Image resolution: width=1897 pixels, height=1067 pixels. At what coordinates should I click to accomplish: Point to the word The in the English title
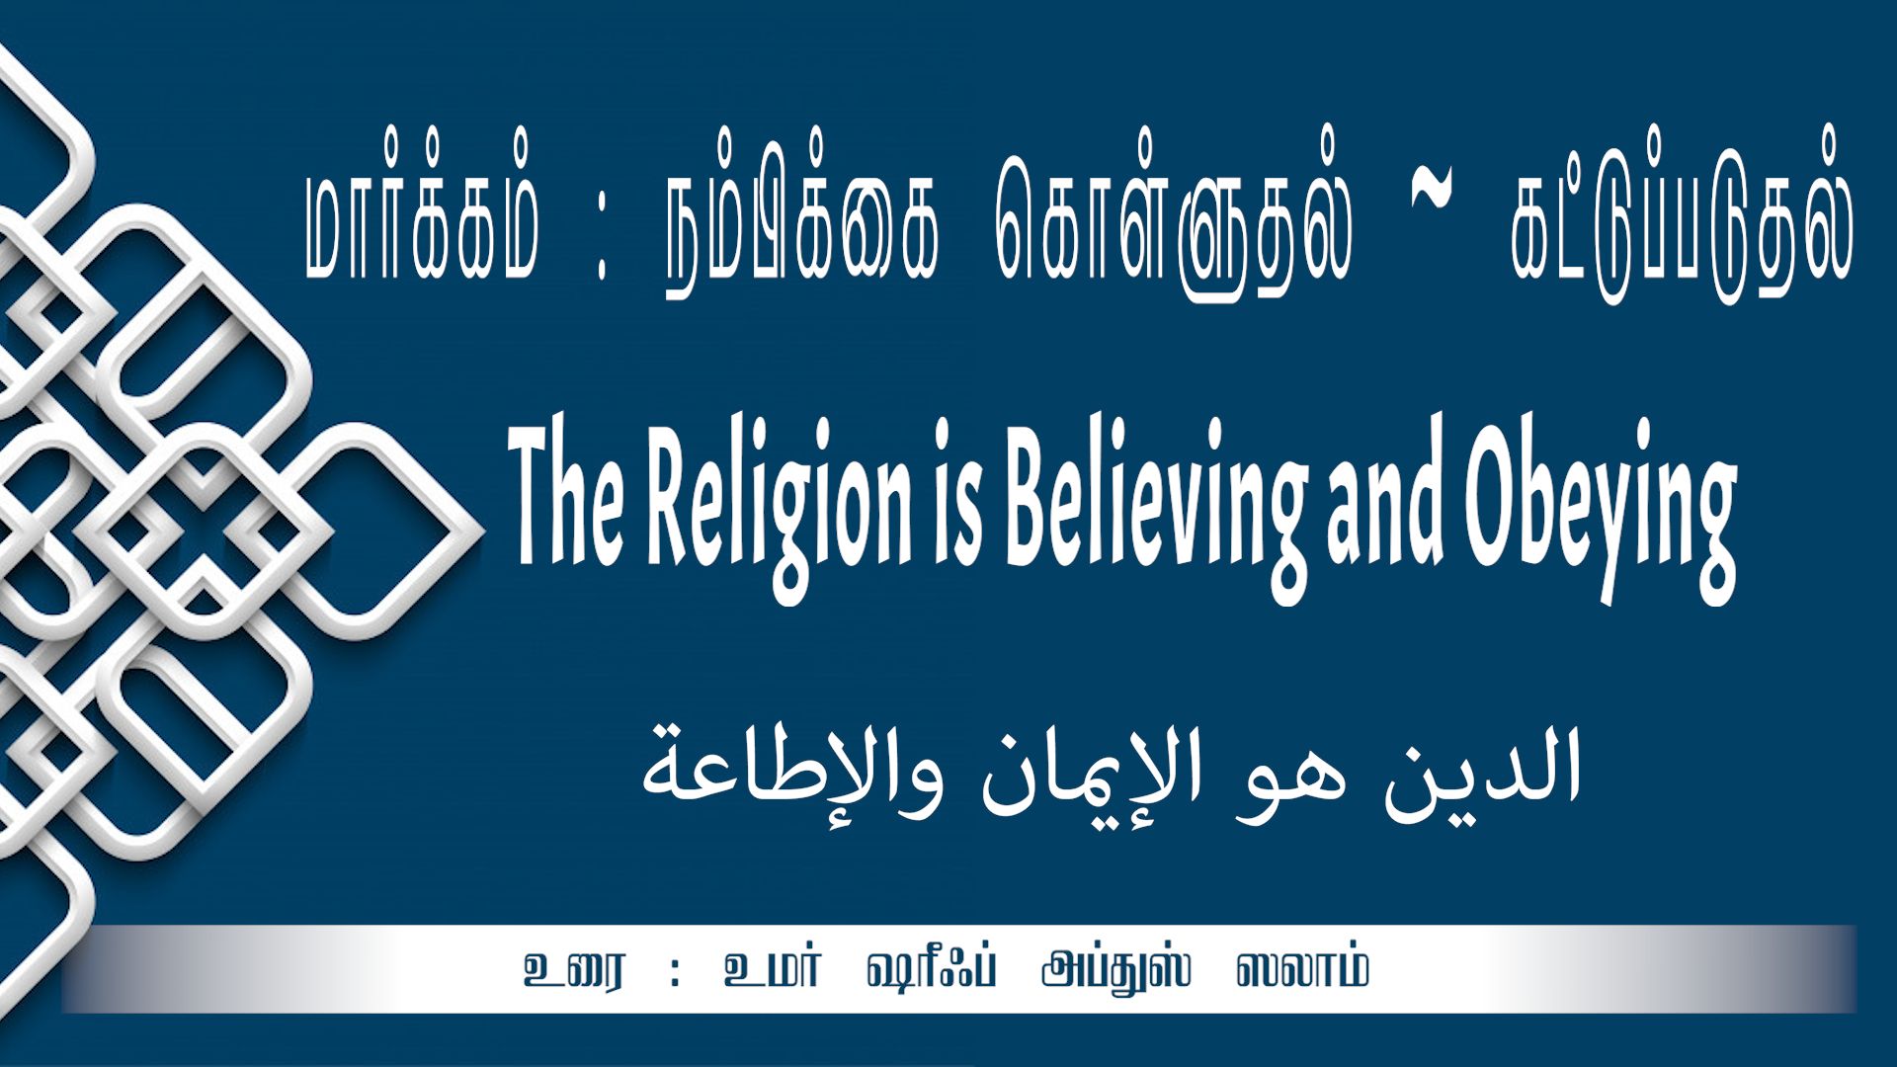[566, 491]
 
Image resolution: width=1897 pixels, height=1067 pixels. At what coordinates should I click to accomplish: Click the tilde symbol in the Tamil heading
[1432, 188]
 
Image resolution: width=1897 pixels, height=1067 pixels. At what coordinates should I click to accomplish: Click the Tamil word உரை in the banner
[574, 970]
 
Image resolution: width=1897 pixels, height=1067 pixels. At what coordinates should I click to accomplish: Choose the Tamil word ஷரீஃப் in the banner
[932, 969]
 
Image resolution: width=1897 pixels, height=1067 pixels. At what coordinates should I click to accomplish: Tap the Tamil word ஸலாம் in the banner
[1302, 969]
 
